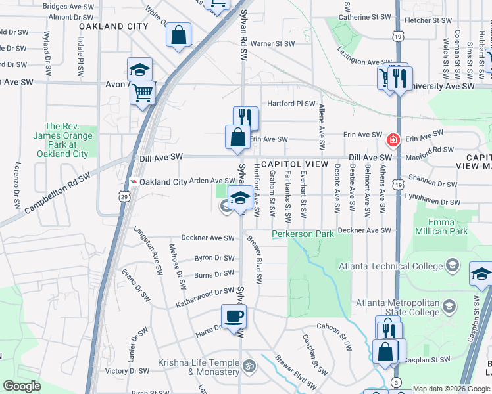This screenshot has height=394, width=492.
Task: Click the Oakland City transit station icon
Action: pos(134,182)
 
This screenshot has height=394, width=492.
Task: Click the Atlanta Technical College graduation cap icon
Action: pos(453,265)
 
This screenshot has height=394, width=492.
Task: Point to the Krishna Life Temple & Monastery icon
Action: pos(249,365)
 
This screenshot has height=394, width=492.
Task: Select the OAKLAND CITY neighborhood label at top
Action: pos(114,26)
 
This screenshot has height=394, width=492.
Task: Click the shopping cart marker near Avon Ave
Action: pos(142,94)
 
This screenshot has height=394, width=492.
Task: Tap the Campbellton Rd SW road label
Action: pos(57,195)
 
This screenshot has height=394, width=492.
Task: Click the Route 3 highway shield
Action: pos(396,382)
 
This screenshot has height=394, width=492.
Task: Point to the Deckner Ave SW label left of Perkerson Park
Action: pos(208,238)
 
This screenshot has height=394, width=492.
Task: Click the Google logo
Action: pos(22,386)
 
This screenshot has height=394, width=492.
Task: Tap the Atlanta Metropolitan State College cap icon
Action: pos(449,306)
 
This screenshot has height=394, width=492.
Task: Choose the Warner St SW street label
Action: pos(274,44)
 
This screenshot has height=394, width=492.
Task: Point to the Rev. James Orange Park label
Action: pos(66,140)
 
